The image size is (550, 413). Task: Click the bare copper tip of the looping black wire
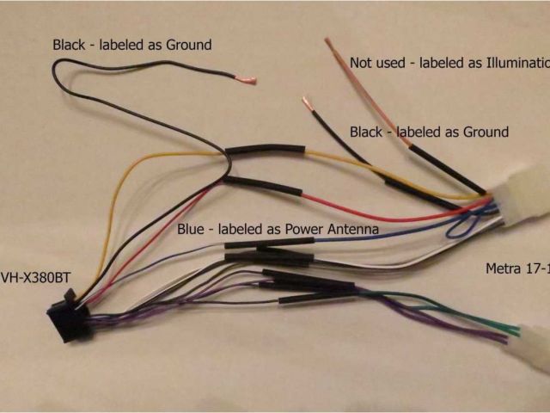click(248, 82)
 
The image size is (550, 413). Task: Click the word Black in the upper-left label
click(70, 44)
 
